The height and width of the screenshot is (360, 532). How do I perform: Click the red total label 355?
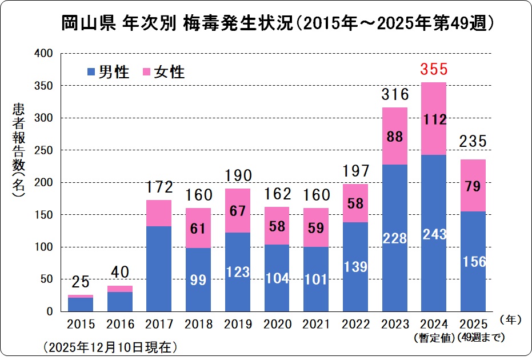(433, 70)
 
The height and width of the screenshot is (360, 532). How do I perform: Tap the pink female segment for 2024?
(433, 118)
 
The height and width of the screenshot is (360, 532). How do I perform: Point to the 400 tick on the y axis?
(43, 54)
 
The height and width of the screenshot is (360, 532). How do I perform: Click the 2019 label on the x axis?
(237, 325)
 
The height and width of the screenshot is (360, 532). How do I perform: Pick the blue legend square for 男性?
(90, 72)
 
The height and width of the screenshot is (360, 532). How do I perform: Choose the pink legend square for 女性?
(146, 72)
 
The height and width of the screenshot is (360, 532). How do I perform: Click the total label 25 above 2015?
(80, 281)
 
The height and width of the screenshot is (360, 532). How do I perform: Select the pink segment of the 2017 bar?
(158, 213)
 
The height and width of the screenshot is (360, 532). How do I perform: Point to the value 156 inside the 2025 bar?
(472, 262)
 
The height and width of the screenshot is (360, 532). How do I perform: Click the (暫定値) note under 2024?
(433, 338)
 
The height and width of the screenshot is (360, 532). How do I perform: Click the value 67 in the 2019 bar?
(237, 210)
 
